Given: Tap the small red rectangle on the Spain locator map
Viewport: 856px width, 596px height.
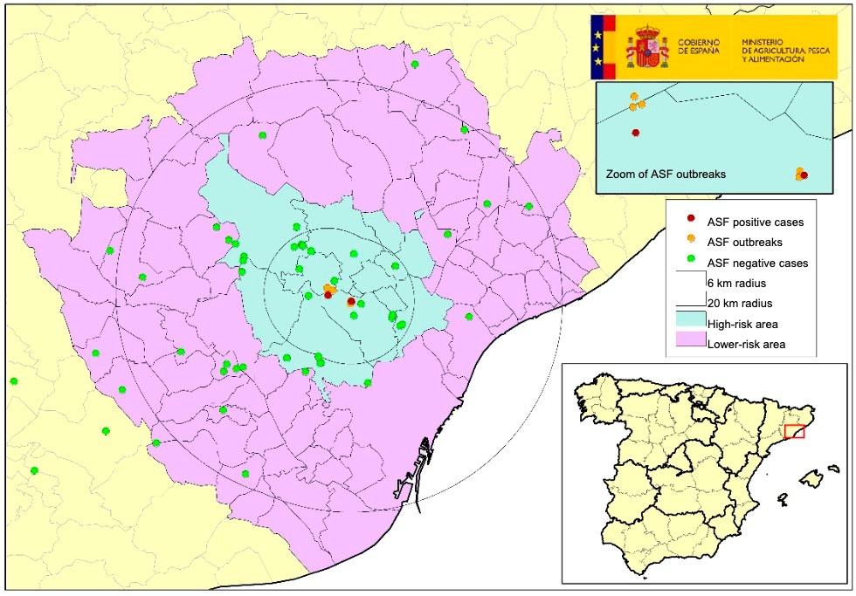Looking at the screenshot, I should coord(794,430).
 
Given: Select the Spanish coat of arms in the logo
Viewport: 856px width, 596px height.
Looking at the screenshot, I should coord(646,46).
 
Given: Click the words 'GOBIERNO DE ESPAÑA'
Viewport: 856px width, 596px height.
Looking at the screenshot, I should coord(699,46).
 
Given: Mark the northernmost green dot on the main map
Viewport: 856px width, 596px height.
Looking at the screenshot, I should coord(415,65).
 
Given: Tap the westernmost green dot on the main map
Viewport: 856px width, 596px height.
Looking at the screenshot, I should coord(14,381).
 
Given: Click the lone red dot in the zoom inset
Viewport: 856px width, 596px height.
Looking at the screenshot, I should coord(635,133).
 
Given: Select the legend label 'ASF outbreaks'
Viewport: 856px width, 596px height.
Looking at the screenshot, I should coord(745,242).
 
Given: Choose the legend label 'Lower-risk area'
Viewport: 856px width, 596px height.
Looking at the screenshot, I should coord(747,345).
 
